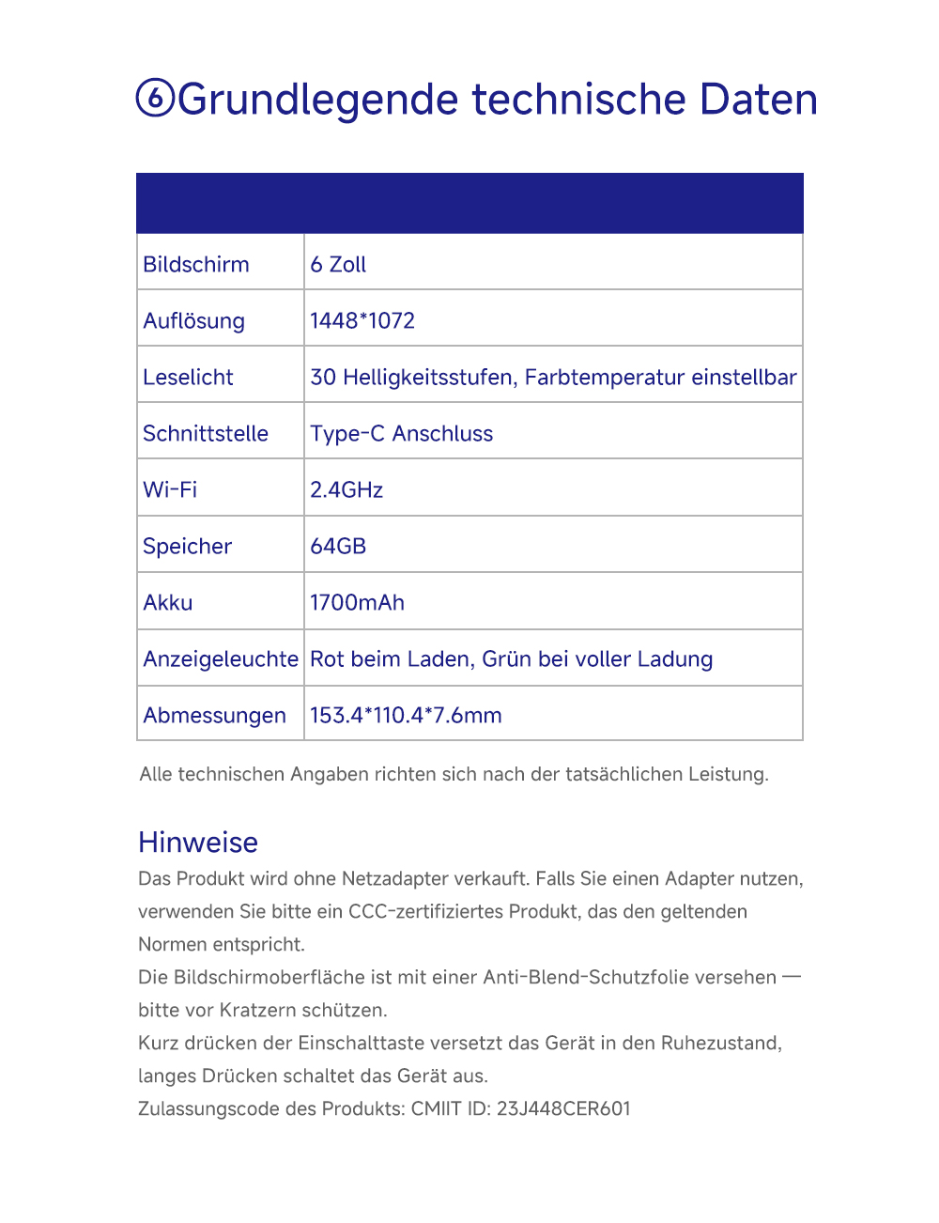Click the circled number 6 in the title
pos(155,98)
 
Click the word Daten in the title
pos(758,100)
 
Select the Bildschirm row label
pos(196,265)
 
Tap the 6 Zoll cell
pos(338,265)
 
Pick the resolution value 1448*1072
pos(362,321)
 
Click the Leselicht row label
pos(188,378)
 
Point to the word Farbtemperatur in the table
pos(604,378)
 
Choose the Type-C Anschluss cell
pos(401,434)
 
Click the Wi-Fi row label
pos(170,490)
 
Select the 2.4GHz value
pos(346,490)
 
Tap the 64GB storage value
pos(338,547)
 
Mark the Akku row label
pos(168,603)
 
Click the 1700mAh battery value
pos(357,603)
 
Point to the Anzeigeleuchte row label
pos(221,659)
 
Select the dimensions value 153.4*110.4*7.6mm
pos(406,716)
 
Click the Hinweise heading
pos(198,843)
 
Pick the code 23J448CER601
pos(563,1109)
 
